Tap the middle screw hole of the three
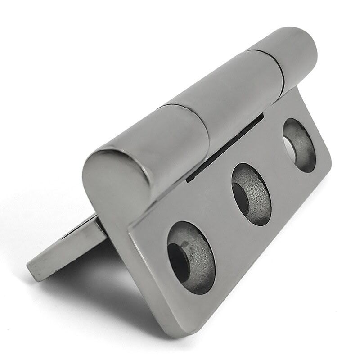[251, 194]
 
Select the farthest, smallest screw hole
[299, 145]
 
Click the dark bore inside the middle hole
[241, 198]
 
